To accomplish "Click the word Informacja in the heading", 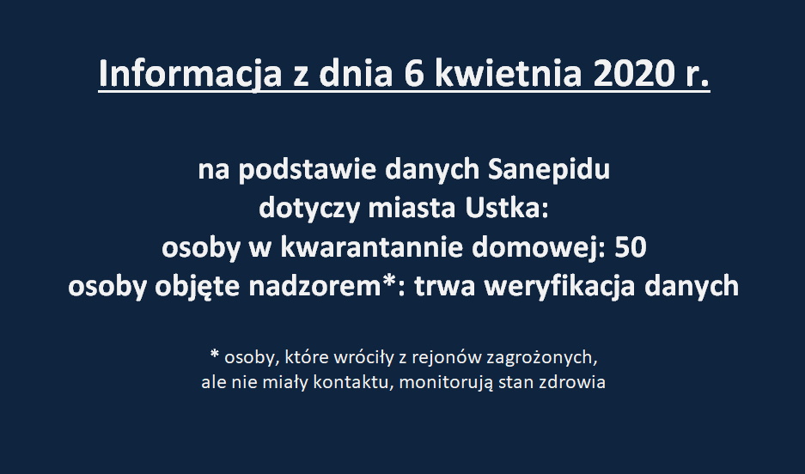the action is (190, 75).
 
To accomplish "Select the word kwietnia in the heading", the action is (509, 74).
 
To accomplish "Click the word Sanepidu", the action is (548, 170).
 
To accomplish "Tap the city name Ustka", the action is (507, 209).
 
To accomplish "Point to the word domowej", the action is (539, 248).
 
